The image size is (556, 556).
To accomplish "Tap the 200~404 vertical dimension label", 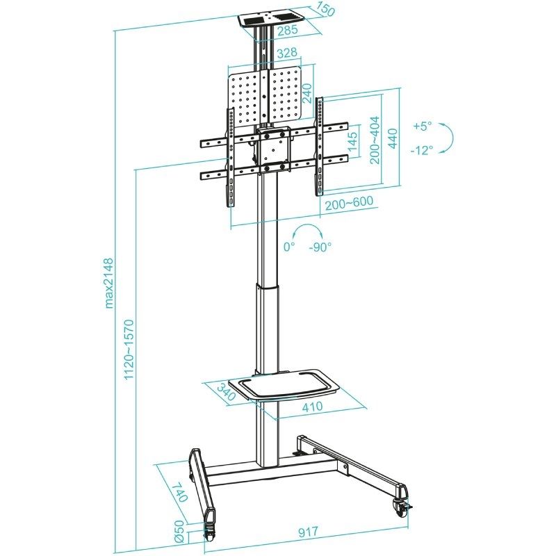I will (x=375, y=140).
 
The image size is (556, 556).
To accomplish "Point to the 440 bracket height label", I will (x=393, y=138).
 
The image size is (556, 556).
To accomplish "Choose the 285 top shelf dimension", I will (x=286, y=30).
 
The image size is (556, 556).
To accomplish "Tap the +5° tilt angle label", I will (x=422, y=126).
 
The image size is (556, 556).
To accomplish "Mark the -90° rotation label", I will (x=320, y=247).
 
